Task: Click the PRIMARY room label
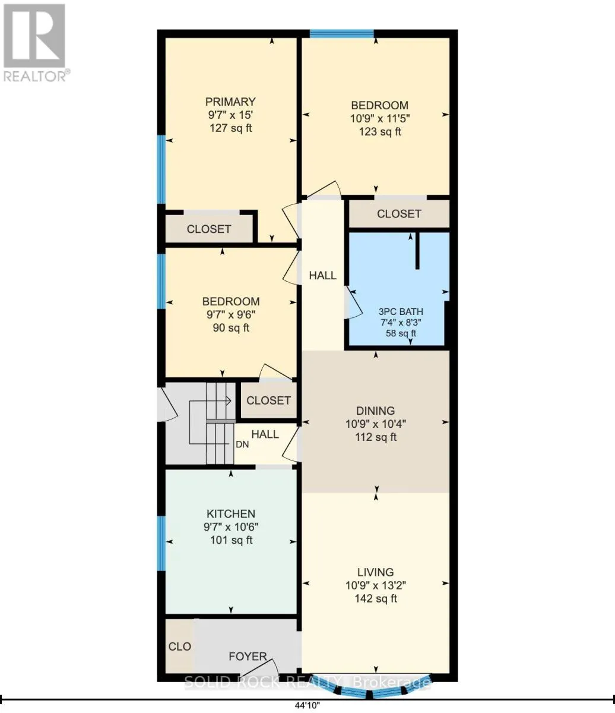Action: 230,102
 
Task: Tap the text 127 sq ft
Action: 230,128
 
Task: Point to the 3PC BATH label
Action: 401,311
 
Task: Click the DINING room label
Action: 375,411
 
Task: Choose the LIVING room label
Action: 375,572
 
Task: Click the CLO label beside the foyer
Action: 180,646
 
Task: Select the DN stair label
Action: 242,444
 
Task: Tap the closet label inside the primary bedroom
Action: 209,229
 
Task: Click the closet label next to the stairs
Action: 268,400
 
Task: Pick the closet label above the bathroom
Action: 399,213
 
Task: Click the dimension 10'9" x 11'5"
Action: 380,118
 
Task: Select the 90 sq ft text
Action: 231,327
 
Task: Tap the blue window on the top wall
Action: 341,33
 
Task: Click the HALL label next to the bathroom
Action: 323,275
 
